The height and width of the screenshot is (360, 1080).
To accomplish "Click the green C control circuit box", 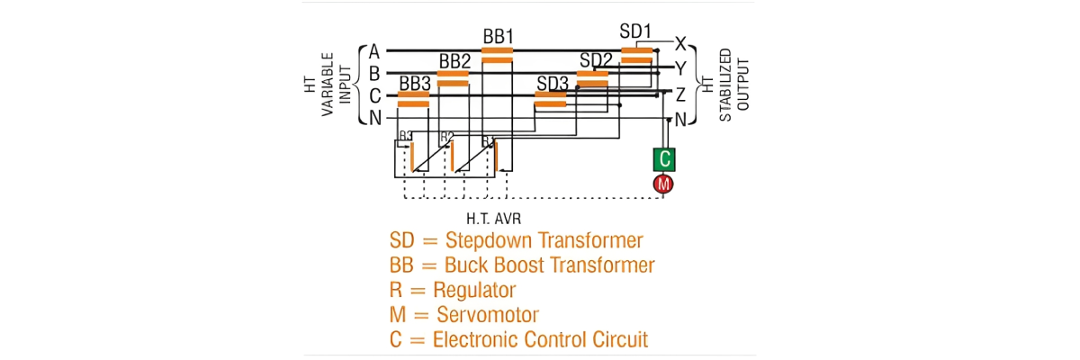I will [x=664, y=159].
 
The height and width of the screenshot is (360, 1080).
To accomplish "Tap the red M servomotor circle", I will [x=664, y=184].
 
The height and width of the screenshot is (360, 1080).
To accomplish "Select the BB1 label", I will [x=498, y=37].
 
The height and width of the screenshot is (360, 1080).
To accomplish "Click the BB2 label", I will [x=454, y=61].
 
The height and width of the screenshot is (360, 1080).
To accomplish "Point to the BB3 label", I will [x=415, y=84].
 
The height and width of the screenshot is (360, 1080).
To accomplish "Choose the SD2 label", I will [x=596, y=60].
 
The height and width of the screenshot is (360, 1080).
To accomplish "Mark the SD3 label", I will [x=553, y=84].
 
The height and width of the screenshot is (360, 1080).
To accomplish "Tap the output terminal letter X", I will [x=681, y=44].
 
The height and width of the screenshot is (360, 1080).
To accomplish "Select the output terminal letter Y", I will [x=681, y=67].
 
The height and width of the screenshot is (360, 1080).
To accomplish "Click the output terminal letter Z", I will [x=681, y=94].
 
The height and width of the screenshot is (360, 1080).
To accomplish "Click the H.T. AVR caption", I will [x=494, y=219].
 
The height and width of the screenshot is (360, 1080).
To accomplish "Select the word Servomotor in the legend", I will [x=488, y=315].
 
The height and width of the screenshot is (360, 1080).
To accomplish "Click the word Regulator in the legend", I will [x=474, y=291].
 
